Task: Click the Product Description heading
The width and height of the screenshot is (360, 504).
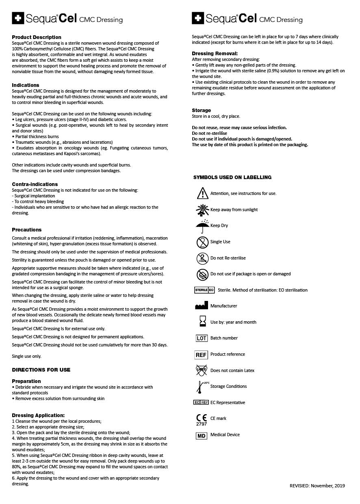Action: tap(37, 37)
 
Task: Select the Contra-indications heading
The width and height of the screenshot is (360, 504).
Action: tap(35, 184)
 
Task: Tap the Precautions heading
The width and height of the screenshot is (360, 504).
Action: tap(27, 230)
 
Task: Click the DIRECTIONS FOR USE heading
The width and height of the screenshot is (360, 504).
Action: tap(41, 370)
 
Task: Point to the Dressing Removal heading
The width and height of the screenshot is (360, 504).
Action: tap(215, 54)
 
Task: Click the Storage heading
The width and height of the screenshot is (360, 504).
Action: tap(202, 110)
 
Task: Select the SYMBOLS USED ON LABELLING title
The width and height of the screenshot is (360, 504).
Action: tap(232, 177)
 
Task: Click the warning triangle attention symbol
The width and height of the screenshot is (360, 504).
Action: tap(202, 193)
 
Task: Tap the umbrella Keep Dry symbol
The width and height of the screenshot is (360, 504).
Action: tap(202, 226)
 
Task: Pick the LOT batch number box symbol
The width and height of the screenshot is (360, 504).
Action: tap(202, 338)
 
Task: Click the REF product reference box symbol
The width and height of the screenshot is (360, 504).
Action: tap(202, 355)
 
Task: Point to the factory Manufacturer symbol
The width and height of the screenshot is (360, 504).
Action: tap(202, 306)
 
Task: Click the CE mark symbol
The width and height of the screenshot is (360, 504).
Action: tap(202, 417)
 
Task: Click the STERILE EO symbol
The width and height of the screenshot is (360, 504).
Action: tap(204, 290)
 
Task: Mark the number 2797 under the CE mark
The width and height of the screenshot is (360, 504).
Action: tap(202, 424)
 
